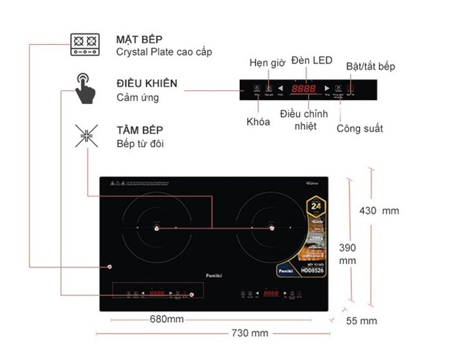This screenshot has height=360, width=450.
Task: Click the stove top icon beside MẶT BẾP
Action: [x=85, y=45]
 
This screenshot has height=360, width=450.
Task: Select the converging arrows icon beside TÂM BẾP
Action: [x=86, y=136]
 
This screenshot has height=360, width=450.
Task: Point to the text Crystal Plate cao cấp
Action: [x=164, y=52]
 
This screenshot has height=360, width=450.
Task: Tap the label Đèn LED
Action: [x=311, y=60]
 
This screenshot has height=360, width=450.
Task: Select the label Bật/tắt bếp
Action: [x=370, y=66]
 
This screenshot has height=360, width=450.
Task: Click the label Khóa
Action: [x=258, y=121]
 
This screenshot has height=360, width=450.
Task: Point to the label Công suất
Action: [x=359, y=128]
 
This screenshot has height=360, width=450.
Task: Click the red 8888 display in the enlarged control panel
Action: [x=303, y=89]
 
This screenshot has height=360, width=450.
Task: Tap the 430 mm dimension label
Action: [x=379, y=211]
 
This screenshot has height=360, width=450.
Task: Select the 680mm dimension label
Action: [x=166, y=319]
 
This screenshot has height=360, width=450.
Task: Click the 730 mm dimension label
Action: [x=250, y=333]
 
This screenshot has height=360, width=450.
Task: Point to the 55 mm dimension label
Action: [x=361, y=321]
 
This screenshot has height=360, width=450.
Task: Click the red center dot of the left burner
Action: [x=157, y=229]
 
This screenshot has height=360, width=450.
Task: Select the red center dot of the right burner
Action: [x=271, y=229]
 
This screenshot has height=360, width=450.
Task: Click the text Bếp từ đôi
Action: [x=140, y=144]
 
